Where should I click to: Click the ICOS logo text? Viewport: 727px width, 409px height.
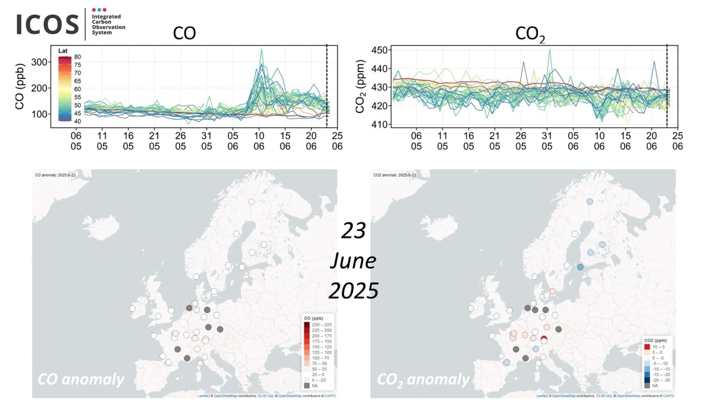pos(48,24)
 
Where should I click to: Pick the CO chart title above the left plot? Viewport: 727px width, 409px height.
pos(185,33)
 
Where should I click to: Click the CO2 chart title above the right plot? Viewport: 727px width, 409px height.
pos(530,34)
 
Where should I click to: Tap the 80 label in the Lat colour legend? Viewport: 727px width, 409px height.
pos(78,57)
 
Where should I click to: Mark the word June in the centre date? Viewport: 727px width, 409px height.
pos(353,261)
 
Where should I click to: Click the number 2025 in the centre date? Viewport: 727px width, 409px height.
pos(353,291)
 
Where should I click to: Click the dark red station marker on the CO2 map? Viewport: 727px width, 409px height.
pos(544,340)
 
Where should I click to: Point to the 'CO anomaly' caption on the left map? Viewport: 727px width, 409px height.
pos(81,379)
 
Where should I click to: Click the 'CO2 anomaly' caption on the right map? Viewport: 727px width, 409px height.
pos(424,379)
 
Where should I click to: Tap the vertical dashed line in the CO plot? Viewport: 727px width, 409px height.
pos(327,85)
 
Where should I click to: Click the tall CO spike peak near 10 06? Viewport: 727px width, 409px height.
pos(261,50)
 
